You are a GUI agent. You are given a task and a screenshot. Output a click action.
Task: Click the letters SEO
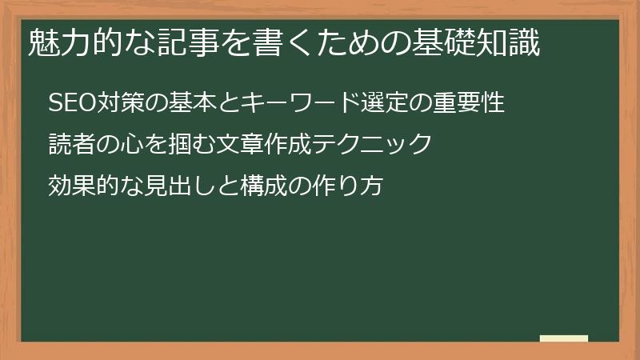coord(71,103)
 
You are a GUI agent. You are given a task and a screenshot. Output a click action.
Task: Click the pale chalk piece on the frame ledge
coord(563,339)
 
